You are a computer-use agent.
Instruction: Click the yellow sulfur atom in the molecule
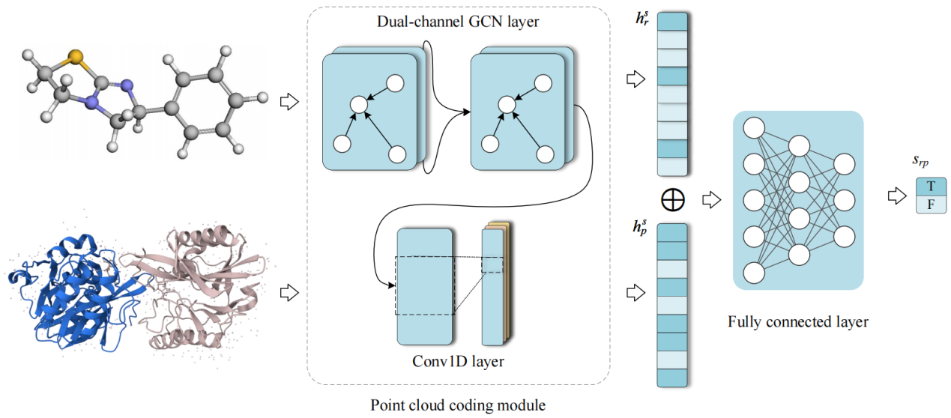tap(73, 56)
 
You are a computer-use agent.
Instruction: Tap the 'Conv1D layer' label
tap(458, 362)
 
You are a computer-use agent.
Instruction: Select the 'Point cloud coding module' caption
tap(458, 405)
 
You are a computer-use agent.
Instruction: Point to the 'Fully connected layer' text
tap(797, 322)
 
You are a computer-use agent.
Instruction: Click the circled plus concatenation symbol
tap(673, 199)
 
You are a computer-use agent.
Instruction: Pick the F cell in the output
tap(931, 204)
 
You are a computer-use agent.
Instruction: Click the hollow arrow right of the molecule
tap(289, 100)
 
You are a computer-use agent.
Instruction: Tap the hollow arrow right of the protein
tap(289, 291)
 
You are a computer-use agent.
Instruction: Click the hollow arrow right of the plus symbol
tap(710, 199)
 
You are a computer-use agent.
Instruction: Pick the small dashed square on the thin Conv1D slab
tap(492, 265)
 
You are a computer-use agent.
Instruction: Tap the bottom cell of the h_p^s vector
tap(672, 378)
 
